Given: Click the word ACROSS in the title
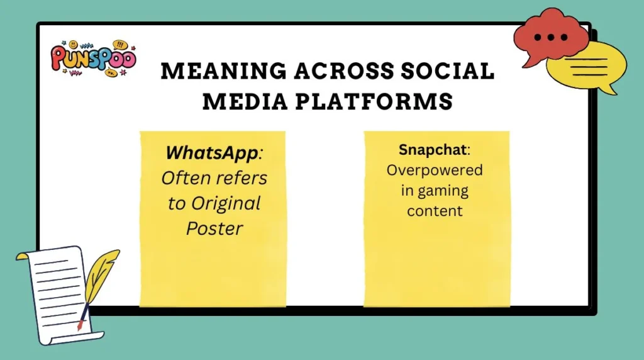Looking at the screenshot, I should click(331, 71).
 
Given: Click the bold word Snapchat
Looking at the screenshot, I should click(432, 150).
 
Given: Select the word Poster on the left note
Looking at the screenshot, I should click(214, 228).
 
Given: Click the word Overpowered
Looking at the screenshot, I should click(435, 171).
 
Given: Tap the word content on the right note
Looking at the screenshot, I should click(435, 211).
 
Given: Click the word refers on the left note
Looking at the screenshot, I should click(242, 178).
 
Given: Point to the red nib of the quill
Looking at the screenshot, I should click(80, 325).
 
